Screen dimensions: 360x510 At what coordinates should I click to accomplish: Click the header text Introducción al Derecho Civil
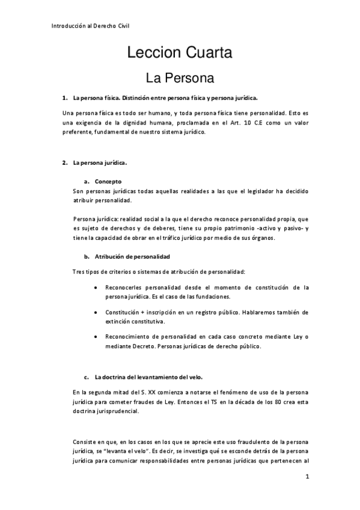click(x=90, y=26)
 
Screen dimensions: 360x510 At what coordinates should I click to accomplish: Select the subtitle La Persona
click(x=180, y=78)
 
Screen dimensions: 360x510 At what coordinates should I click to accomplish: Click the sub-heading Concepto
click(x=108, y=180)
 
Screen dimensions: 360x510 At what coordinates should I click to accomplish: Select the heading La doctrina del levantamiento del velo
click(x=148, y=378)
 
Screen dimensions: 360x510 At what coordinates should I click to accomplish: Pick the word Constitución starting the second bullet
click(x=124, y=312)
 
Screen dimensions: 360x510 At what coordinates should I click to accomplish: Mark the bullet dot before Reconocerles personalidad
click(x=97, y=288)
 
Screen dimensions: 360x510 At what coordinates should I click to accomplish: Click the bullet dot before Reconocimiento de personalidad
click(x=97, y=337)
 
